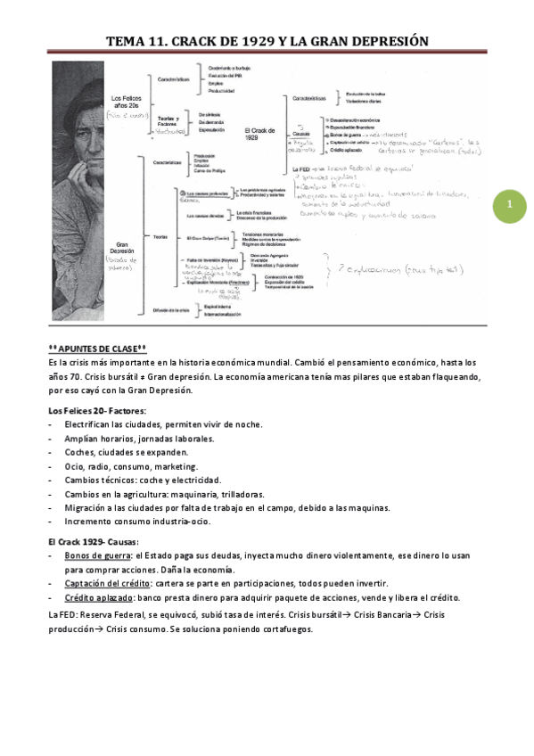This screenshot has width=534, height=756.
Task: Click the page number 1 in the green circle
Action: pos(510,206)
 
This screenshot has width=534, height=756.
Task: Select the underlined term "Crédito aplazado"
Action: pos(95,597)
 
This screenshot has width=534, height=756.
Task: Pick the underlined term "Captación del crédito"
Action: pos(102,583)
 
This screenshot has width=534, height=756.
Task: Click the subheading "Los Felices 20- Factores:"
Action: pos(97,410)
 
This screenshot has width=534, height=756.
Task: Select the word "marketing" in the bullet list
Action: pos(175,466)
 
